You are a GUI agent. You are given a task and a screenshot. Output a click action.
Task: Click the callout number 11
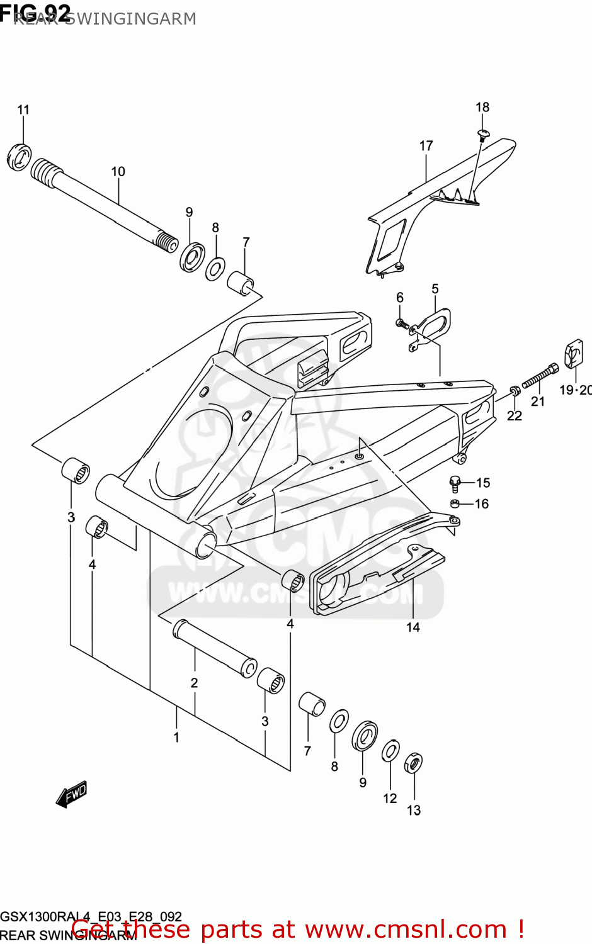click(23, 110)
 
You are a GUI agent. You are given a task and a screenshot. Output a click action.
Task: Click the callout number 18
click(482, 107)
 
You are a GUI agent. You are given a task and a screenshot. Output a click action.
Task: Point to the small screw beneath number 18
click(484, 133)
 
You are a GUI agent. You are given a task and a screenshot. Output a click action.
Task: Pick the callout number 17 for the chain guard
click(426, 146)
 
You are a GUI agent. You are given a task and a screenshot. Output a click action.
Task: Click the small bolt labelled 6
click(401, 324)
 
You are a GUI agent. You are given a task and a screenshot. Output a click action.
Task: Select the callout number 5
click(435, 289)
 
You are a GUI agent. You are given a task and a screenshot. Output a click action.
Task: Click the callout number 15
click(483, 483)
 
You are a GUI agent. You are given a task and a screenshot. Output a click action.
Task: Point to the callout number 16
click(482, 503)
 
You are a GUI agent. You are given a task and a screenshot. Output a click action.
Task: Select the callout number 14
click(413, 627)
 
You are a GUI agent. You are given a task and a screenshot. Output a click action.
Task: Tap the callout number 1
click(176, 737)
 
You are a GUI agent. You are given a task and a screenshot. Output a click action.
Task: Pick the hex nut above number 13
click(413, 763)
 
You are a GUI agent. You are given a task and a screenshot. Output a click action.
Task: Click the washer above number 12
click(390, 751)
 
